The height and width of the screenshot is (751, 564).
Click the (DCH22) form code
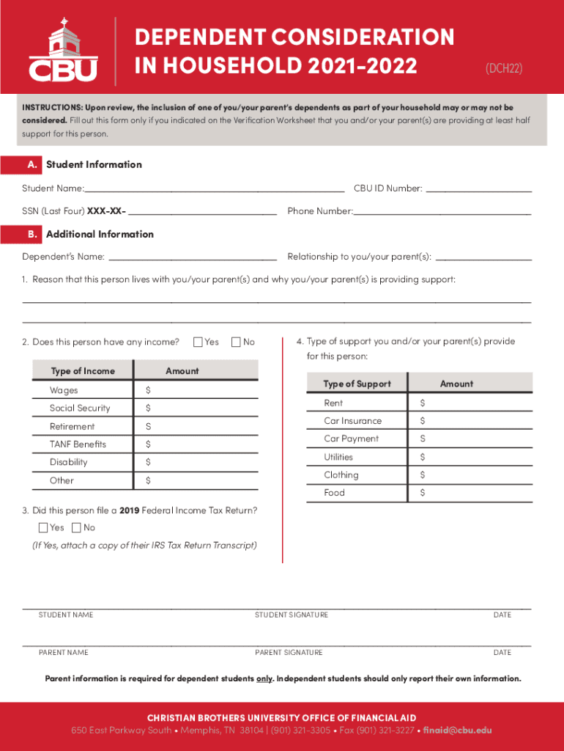(504, 68)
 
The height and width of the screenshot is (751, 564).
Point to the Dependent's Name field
(192, 257)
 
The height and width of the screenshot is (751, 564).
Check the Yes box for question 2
(198, 342)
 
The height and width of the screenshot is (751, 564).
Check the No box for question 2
(237, 342)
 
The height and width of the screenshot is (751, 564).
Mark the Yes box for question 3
(43, 527)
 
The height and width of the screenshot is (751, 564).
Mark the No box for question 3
(77, 527)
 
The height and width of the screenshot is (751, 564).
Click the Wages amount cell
(196, 390)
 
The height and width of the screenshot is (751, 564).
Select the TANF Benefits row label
(78, 444)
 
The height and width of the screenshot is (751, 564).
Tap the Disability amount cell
(196, 462)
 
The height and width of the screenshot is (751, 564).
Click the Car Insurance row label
(352, 421)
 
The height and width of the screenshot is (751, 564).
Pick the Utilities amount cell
(469, 457)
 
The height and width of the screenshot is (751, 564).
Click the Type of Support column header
(357, 384)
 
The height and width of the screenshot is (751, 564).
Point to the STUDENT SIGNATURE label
(292, 615)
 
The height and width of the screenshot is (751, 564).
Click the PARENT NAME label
(63, 652)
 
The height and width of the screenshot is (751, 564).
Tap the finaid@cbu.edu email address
(458, 730)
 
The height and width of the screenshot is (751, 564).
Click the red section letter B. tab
(31, 235)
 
